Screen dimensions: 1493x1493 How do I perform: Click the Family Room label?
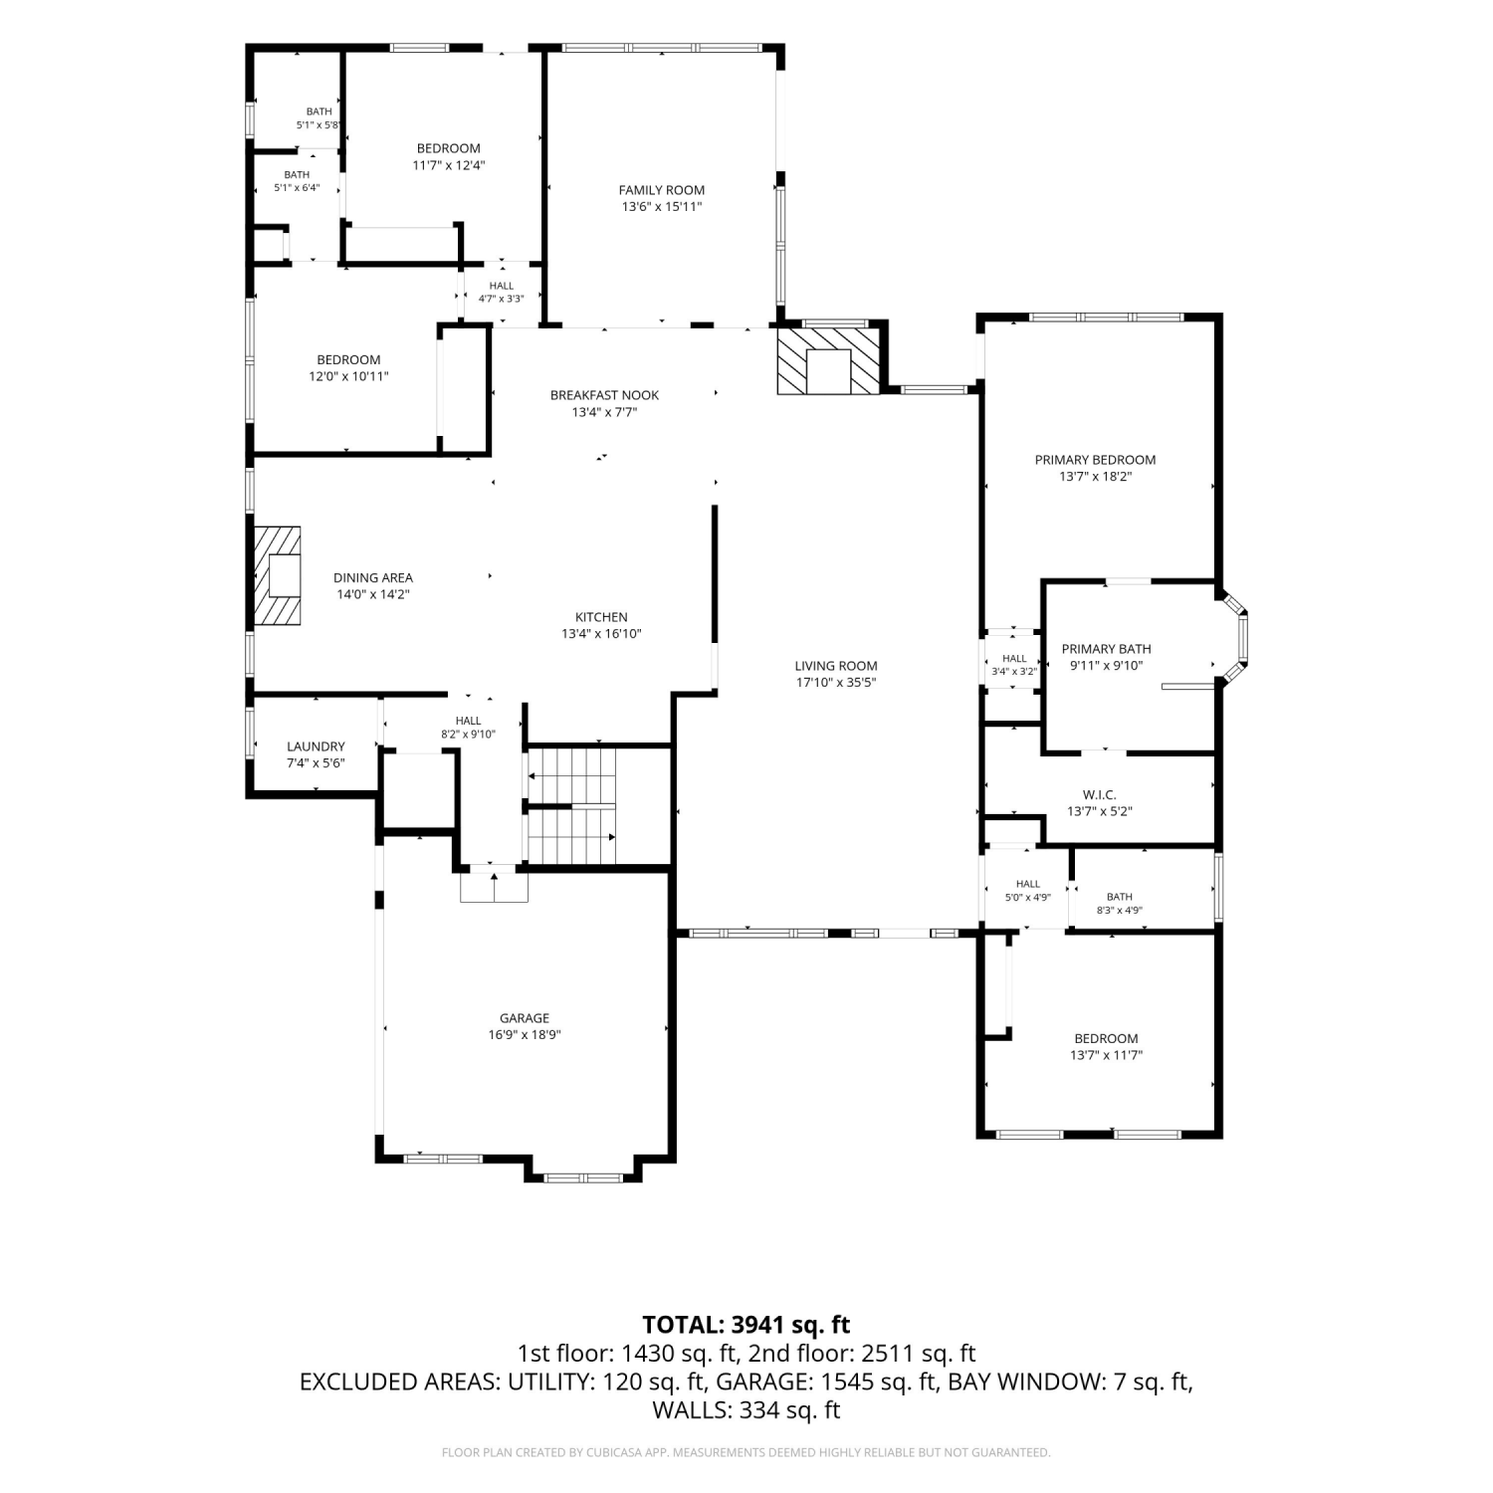point(662,190)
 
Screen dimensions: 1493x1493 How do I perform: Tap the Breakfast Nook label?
point(604,395)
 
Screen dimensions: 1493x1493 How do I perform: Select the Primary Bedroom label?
point(1095,460)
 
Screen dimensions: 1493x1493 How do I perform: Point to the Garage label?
point(525,1018)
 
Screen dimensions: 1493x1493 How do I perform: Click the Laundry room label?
point(316,746)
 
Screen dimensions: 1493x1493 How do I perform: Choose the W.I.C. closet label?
point(1100,795)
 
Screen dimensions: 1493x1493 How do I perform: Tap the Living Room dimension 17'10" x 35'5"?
point(836,683)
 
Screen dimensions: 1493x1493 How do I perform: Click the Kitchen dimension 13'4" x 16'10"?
point(601,634)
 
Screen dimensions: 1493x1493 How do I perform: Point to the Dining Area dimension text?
point(373,594)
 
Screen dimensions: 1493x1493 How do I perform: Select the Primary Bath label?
point(1106,649)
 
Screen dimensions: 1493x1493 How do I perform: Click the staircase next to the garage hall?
point(571,806)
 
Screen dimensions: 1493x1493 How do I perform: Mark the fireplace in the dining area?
point(278,575)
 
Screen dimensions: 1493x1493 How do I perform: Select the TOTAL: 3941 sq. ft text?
point(746,1325)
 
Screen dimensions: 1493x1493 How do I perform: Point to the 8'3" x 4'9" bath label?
point(1119,904)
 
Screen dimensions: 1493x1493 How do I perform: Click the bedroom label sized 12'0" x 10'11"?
point(348,368)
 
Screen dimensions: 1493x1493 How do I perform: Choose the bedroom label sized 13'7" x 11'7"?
point(1106,1047)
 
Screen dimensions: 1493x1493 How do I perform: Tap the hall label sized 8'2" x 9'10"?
point(468,728)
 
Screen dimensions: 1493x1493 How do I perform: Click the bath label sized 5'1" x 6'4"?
point(297,181)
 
